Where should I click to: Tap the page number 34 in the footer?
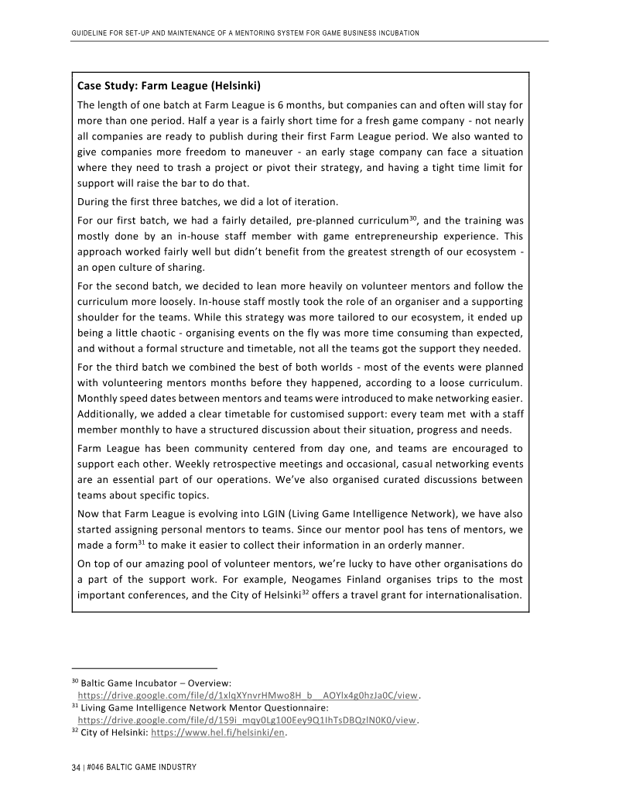74,767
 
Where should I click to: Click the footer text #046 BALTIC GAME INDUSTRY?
142,767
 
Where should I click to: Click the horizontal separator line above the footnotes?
144,668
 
